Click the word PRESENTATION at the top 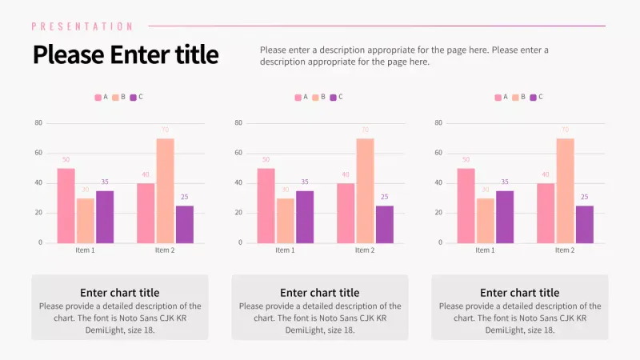click(x=82, y=26)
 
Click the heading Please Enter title click(x=125, y=54)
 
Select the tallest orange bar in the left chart click(x=165, y=190)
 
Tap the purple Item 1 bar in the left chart click(x=105, y=216)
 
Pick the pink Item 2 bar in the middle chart click(x=346, y=213)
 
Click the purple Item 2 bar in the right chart click(x=584, y=224)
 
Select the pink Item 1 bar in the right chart click(x=466, y=205)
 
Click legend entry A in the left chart click(x=102, y=98)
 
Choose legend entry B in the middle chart click(x=319, y=98)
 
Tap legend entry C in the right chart click(x=537, y=98)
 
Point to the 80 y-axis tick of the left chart click(x=38, y=123)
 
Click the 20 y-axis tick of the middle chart click(x=238, y=213)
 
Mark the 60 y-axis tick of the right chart click(x=438, y=153)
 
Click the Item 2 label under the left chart click(x=165, y=250)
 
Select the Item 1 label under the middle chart click(x=285, y=250)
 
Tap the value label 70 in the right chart click(x=565, y=130)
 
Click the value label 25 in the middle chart click(x=384, y=197)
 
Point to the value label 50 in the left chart click(x=66, y=159)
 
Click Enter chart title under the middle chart click(x=320, y=293)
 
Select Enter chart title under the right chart click(x=520, y=293)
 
